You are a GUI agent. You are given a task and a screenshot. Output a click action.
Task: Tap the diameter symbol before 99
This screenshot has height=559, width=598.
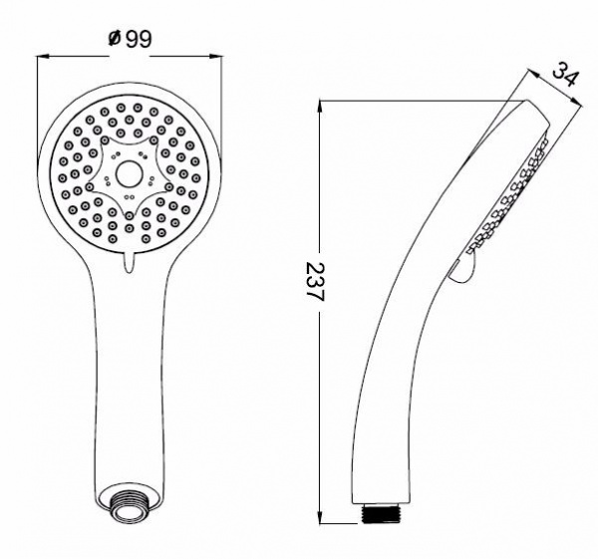(x=113, y=39)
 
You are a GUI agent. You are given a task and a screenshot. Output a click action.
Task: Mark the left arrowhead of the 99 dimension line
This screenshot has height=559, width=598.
(x=43, y=58)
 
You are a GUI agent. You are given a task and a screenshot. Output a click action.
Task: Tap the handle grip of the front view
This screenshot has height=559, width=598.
(x=128, y=379)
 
